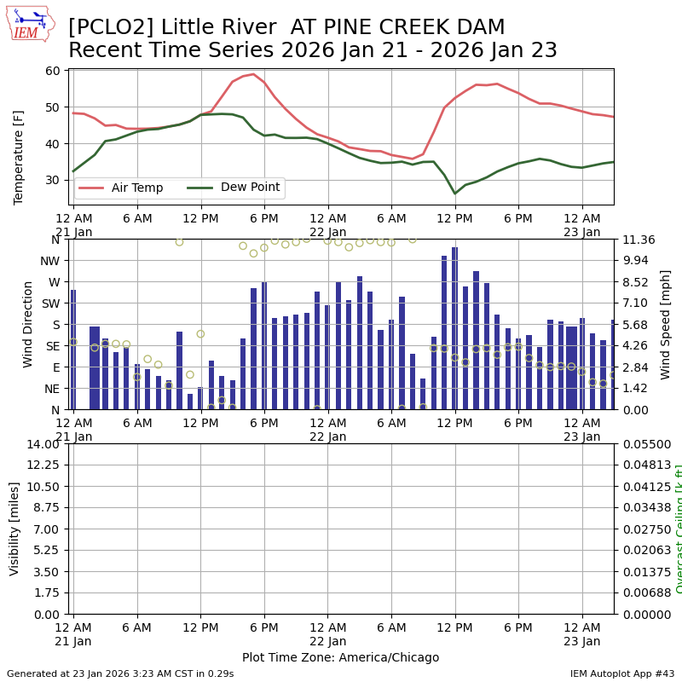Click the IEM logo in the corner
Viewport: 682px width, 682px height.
[x=31, y=23]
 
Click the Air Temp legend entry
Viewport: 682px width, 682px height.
[x=136, y=188]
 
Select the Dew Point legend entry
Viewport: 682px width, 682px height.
[x=249, y=188]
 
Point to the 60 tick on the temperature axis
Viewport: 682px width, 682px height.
[x=52, y=71]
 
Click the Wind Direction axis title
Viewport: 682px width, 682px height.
[x=28, y=324]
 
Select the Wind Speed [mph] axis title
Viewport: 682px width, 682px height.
[x=665, y=324]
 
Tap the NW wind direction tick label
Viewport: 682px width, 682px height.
[x=50, y=261]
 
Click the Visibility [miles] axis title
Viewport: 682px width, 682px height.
[x=14, y=529]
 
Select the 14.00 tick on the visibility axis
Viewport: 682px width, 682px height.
[x=43, y=444]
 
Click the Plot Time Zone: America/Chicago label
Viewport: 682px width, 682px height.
[x=340, y=657]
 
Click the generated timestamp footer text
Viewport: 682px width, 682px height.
[x=120, y=673]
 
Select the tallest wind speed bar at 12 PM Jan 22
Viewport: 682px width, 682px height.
[x=454, y=328]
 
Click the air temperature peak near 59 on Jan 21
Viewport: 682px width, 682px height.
[x=253, y=74]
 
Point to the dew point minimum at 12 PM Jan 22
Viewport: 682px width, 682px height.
[x=454, y=194]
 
